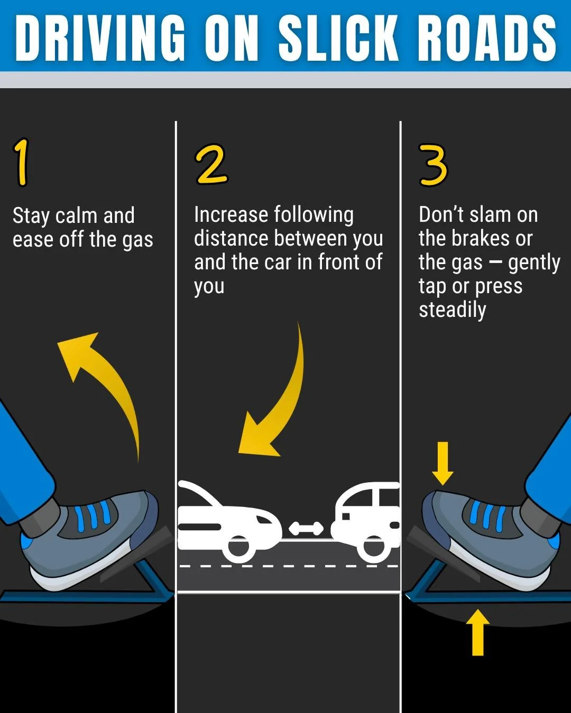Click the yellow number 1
coord(22,162)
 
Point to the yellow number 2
coord(211,165)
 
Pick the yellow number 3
coord(433,165)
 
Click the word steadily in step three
coord(452,310)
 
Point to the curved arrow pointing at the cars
coord(280,401)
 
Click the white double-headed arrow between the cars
coord(306,528)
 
